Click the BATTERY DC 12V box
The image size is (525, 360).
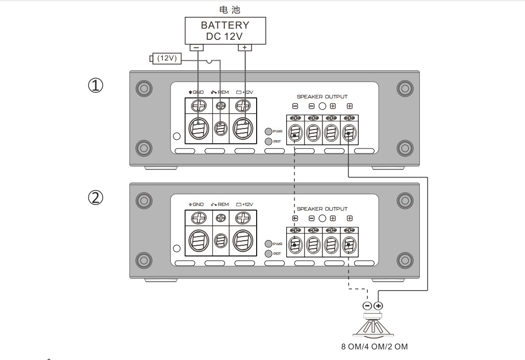click(225, 31)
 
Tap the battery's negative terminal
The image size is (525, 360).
click(196, 47)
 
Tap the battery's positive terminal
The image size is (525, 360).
click(245, 47)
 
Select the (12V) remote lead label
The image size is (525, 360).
click(167, 59)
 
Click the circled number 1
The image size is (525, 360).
click(96, 85)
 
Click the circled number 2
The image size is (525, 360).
click(96, 197)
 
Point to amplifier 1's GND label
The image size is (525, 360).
click(196, 92)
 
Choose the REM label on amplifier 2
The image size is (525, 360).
click(220, 204)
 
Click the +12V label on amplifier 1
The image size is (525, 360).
click(244, 92)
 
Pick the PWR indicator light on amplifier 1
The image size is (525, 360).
click(268, 131)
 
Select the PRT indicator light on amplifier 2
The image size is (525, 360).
click(268, 253)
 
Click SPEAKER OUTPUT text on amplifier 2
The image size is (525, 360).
click(322, 209)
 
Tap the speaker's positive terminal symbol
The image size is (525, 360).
click(378, 306)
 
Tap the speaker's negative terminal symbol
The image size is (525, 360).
click(367, 306)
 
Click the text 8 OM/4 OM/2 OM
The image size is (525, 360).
click(374, 347)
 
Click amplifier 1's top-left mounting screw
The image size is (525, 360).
click(144, 88)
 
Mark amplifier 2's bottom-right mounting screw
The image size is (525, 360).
click(405, 261)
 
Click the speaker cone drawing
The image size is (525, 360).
click(373, 326)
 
